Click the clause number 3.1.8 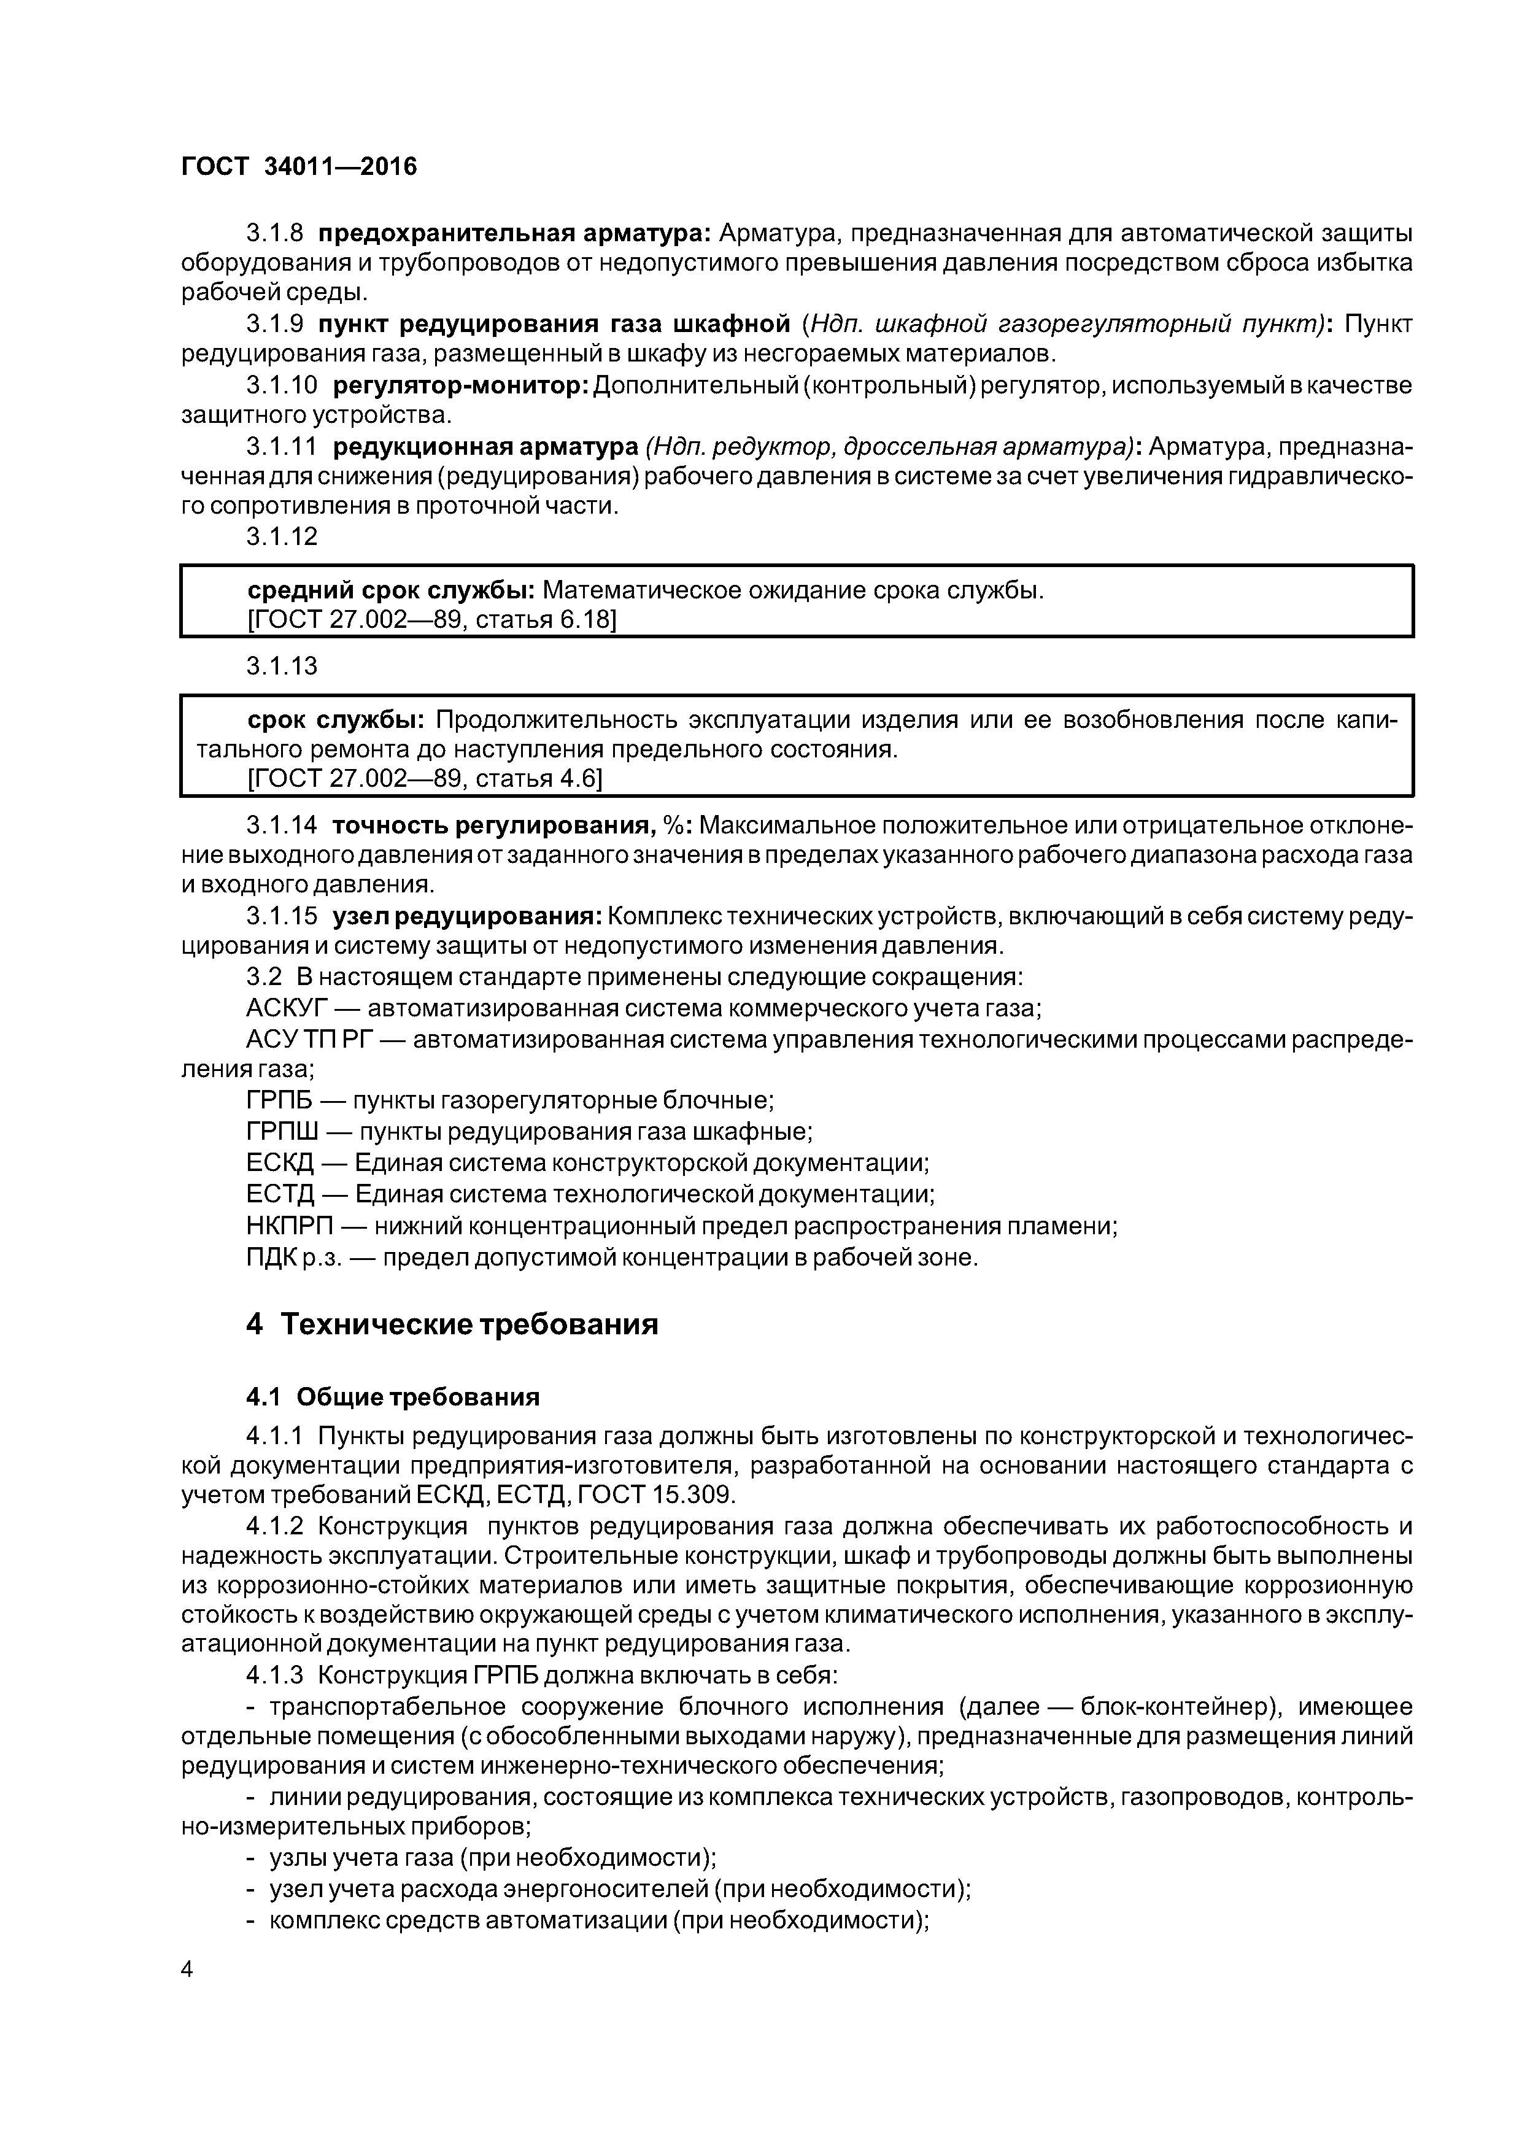click(x=275, y=233)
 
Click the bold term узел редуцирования click(x=466, y=916)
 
